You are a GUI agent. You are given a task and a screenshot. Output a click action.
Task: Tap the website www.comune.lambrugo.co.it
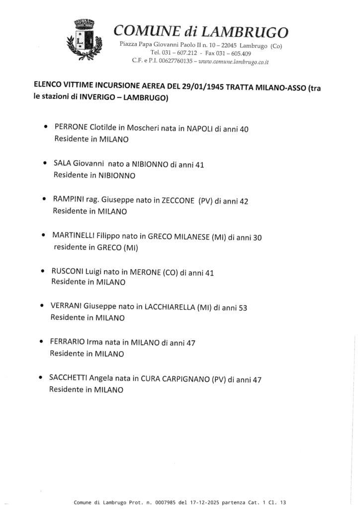point(234,62)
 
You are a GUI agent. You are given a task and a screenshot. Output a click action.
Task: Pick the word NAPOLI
point(199,128)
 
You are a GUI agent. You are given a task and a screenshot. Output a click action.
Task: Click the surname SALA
point(62,164)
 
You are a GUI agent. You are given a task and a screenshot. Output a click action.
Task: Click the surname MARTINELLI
point(73,236)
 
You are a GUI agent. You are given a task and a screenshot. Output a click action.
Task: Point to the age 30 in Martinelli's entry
point(257,238)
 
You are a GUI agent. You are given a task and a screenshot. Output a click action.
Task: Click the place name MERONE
point(145,272)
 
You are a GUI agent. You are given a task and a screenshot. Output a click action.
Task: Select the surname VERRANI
point(66,306)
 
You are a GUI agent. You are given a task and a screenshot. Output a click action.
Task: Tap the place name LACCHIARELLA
point(170,307)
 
